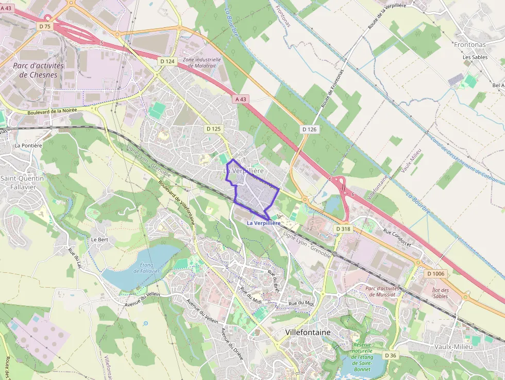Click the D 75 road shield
[44, 26]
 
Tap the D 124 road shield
[167, 61]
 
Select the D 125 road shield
[213, 128]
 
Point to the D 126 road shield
[309, 129]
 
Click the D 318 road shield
[342, 228]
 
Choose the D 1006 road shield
[435, 273]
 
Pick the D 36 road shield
[391, 355]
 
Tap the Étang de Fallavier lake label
[150, 268]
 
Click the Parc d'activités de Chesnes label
[38, 70]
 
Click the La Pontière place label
[28, 145]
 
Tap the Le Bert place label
[99, 240]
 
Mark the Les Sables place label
[475, 57]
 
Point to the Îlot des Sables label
[440, 293]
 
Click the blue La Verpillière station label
[263, 223]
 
